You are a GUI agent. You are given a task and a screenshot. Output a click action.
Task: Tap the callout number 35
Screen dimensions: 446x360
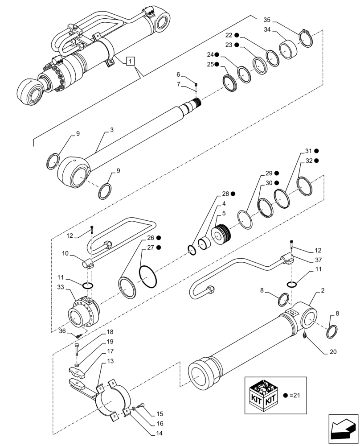(267, 20)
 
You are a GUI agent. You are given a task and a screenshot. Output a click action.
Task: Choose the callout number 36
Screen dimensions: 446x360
(62, 330)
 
